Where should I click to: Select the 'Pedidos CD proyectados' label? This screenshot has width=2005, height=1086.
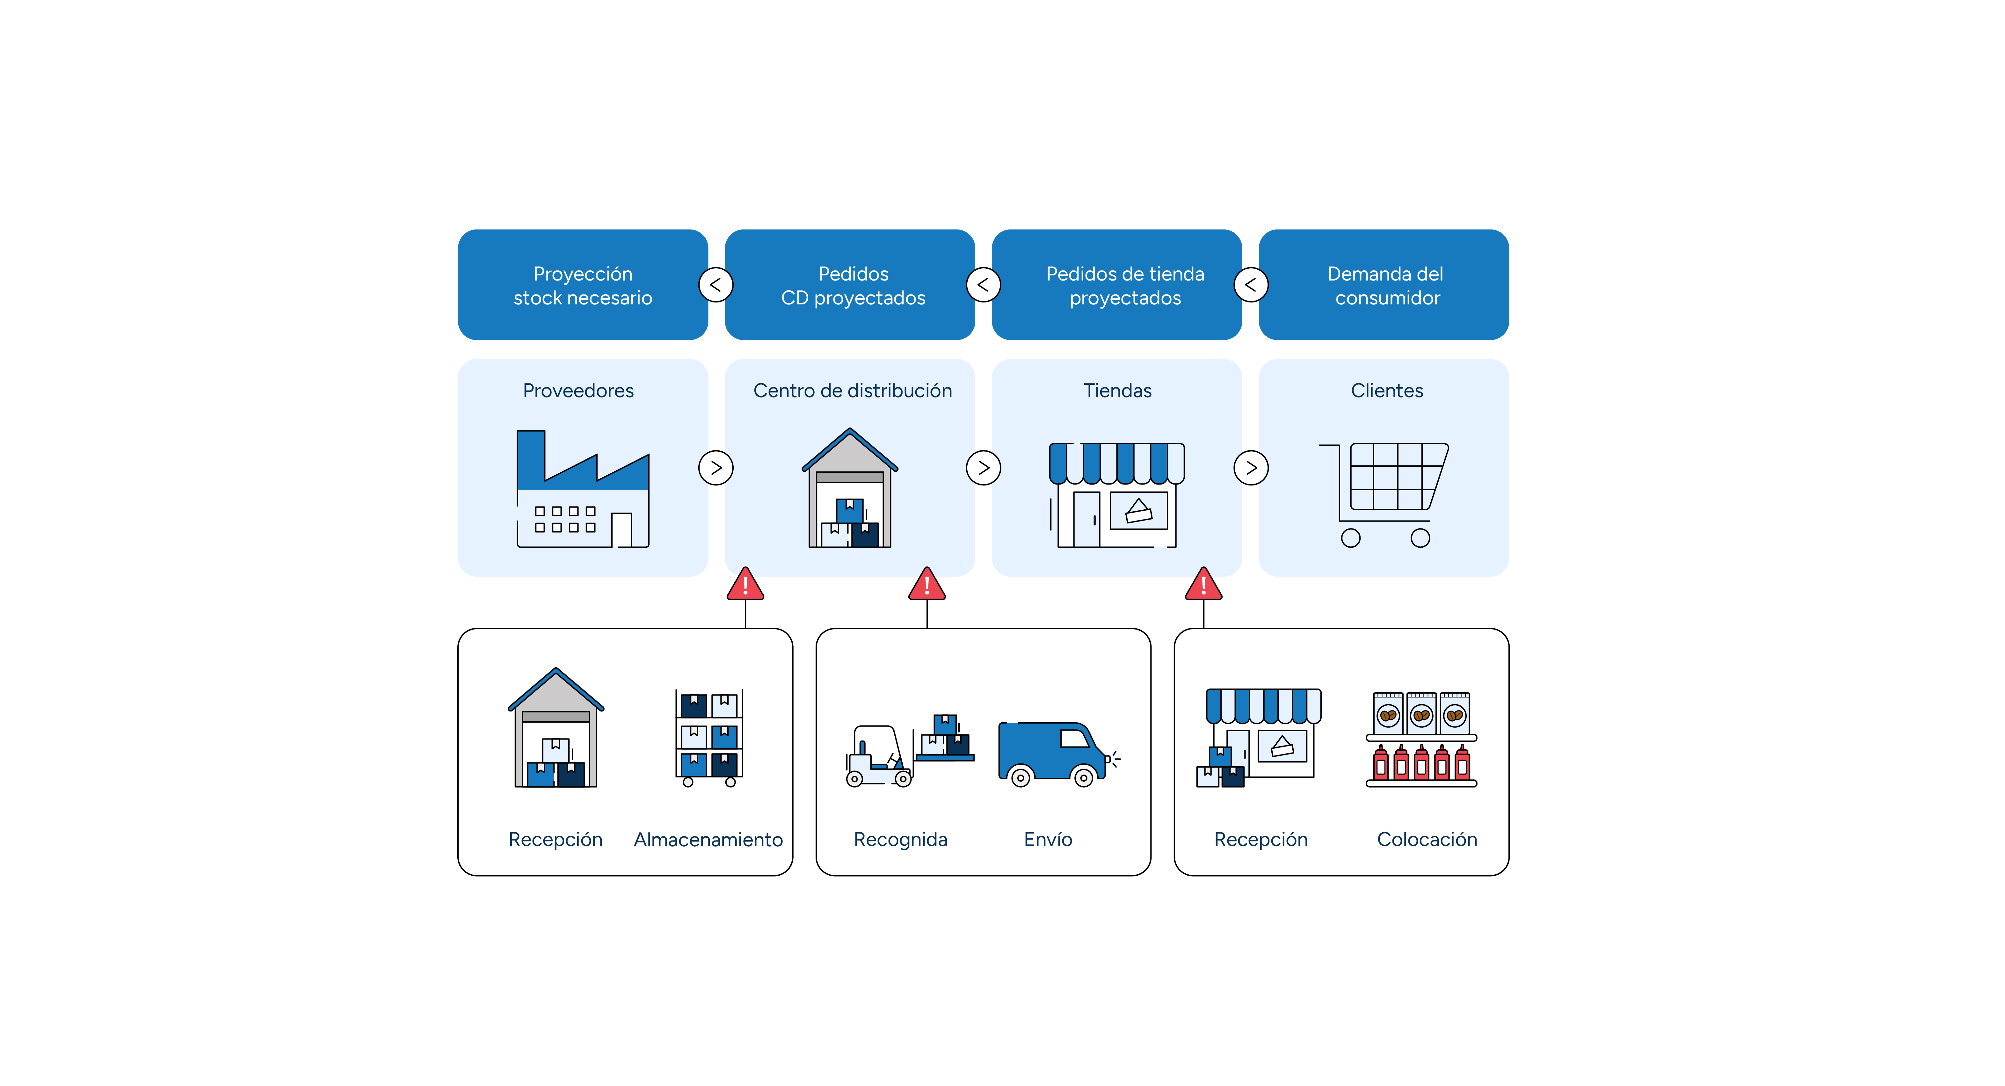853,286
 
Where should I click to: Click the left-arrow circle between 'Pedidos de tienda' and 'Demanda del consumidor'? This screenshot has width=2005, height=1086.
1251,285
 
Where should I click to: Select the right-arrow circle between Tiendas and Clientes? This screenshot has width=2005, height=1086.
1251,468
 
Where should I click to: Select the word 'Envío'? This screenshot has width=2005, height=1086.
1048,839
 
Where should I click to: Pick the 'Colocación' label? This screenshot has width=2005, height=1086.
1427,839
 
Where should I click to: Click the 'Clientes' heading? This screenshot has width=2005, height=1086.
1386,391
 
